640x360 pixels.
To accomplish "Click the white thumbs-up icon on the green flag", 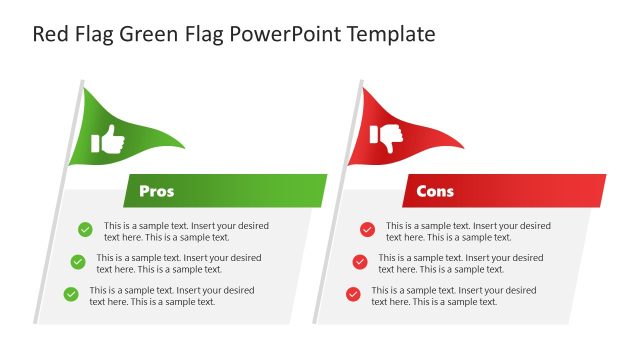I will pyautogui.click(x=108, y=140).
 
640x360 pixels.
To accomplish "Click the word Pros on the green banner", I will pyautogui.click(x=156, y=191).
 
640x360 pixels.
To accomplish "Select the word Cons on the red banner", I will pyautogui.click(x=435, y=191).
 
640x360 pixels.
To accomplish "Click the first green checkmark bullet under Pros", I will pyautogui.click(x=85, y=230).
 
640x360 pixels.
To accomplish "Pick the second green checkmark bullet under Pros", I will pyautogui.click(x=78, y=262).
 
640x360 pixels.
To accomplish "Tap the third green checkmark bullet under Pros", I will pyautogui.click(x=71, y=294).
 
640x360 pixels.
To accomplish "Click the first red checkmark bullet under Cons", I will pyautogui.click(x=367, y=230).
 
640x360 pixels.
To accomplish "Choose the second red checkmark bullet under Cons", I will pyautogui.click(x=360, y=262).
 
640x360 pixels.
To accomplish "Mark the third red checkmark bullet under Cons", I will pyautogui.click(x=353, y=294).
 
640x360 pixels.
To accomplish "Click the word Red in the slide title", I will pyautogui.click(x=52, y=35).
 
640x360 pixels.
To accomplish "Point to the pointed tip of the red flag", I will pyautogui.click(x=463, y=147).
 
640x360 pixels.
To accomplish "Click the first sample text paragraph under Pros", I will pyautogui.click(x=186, y=231).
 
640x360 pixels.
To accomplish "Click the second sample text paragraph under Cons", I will pyautogui.click(x=460, y=263).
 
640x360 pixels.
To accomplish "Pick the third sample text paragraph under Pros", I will pyautogui.click(x=172, y=295).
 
